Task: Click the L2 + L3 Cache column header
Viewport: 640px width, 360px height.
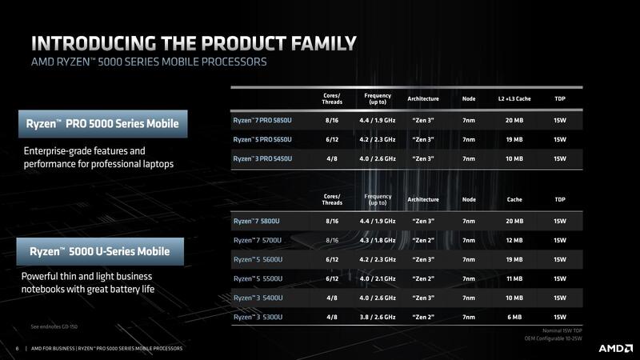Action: click(514, 98)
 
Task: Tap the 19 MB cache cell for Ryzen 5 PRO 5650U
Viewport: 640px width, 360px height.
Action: click(514, 140)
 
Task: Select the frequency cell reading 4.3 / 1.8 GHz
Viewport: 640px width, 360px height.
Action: click(377, 240)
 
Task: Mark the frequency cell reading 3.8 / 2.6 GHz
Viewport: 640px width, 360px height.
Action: click(377, 317)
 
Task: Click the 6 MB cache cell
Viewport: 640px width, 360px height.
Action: click(514, 317)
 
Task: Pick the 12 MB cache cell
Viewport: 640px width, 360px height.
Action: click(514, 240)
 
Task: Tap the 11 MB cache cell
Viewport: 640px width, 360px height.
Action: click(514, 278)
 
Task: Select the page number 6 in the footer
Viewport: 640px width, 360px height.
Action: click(17, 349)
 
